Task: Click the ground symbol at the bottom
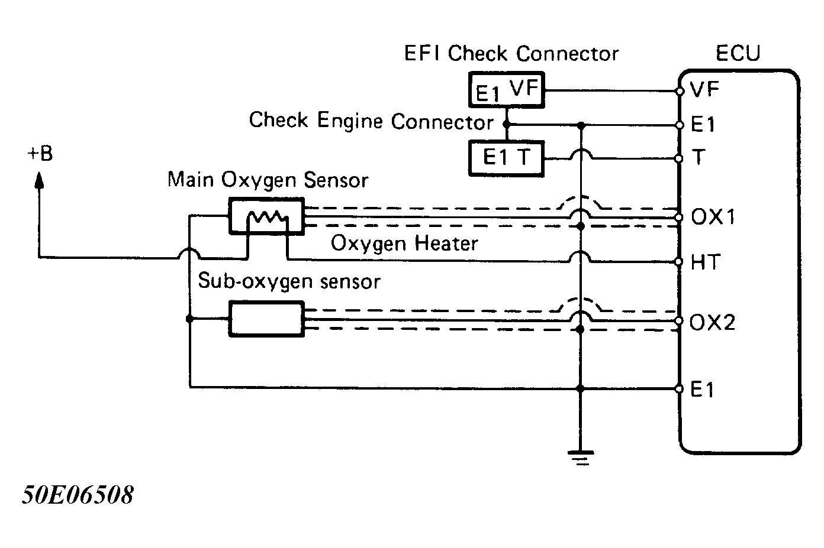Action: (x=581, y=457)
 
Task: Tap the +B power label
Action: (x=40, y=154)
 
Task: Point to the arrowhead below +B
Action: (x=40, y=179)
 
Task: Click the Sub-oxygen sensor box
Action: (x=266, y=319)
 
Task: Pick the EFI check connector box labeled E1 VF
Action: (x=506, y=90)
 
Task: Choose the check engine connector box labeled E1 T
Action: (x=506, y=158)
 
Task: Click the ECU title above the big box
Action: (x=738, y=53)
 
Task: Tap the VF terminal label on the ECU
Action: (x=704, y=90)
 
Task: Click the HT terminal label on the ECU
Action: (x=704, y=262)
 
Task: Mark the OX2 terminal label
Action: (x=713, y=323)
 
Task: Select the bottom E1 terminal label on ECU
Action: (x=703, y=390)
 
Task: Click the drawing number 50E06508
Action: (x=78, y=495)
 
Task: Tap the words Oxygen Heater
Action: (x=404, y=244)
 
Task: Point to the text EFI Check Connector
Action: (x=511, y=54)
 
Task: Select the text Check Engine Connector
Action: (x=371, y=121)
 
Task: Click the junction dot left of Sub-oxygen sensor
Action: (x=189, y=319)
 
